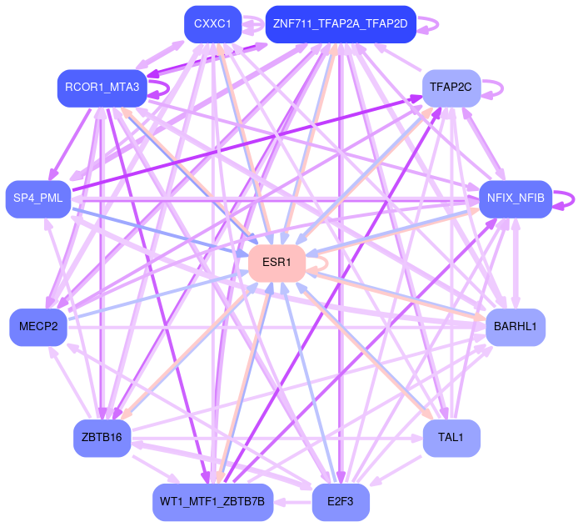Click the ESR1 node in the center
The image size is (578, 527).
coord(277,263)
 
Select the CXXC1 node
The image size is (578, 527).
coord(212,23)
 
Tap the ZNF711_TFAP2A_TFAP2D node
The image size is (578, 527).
coord(340,23)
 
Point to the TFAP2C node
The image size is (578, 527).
coord(451,88)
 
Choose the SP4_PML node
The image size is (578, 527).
coord(38,198)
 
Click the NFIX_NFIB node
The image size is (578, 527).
coord(516,198)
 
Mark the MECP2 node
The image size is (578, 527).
coord(38,327)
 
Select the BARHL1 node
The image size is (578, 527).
coord(515,326)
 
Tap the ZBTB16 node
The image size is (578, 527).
coord(102,437)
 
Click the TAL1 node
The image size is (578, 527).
coord(451,437)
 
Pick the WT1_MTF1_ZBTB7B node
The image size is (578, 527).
coord(213,502)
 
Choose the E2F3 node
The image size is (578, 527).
coord(341,502)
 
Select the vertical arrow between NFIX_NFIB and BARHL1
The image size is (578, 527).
coord(516,262)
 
